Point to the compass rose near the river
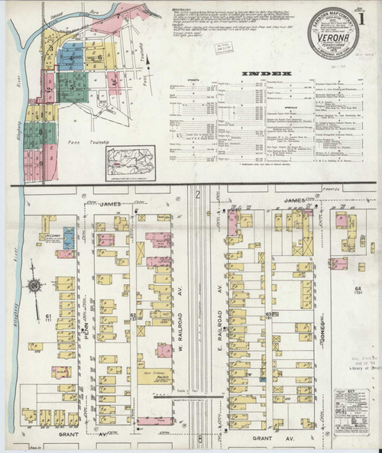[34, 286]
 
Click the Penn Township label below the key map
[84, 141]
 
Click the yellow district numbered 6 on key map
[100, 57]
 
